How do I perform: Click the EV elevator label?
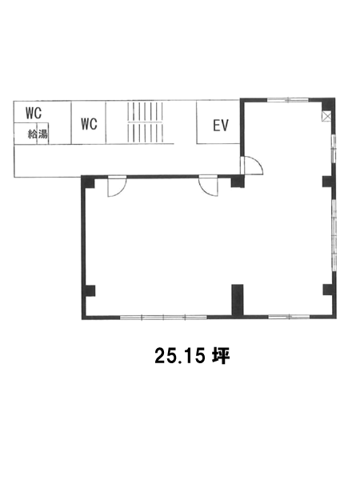click(221, 126)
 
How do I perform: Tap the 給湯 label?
click(38, 134)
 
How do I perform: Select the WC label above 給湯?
click(34, 113)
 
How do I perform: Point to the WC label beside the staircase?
click(89, 124)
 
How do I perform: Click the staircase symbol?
click(145, 122)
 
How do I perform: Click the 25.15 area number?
click(179, 356)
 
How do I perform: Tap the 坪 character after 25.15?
click(221, 356)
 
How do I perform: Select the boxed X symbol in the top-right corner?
click(326, 116)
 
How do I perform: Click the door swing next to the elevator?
click(252, 166)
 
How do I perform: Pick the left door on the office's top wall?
click(117, 186)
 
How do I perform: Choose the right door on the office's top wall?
click(208, 186)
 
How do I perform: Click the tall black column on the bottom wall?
click(238, 300)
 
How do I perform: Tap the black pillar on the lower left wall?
click(90, 291)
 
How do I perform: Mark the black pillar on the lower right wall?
click(328, 290)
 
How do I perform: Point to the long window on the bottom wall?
click(163, 318)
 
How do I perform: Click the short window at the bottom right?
click(289, 317)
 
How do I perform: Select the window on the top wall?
click(288, 99)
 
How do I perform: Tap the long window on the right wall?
click(334, 235)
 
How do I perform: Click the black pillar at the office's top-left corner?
click(89, 182)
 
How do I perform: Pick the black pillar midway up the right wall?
click(328, 182)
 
